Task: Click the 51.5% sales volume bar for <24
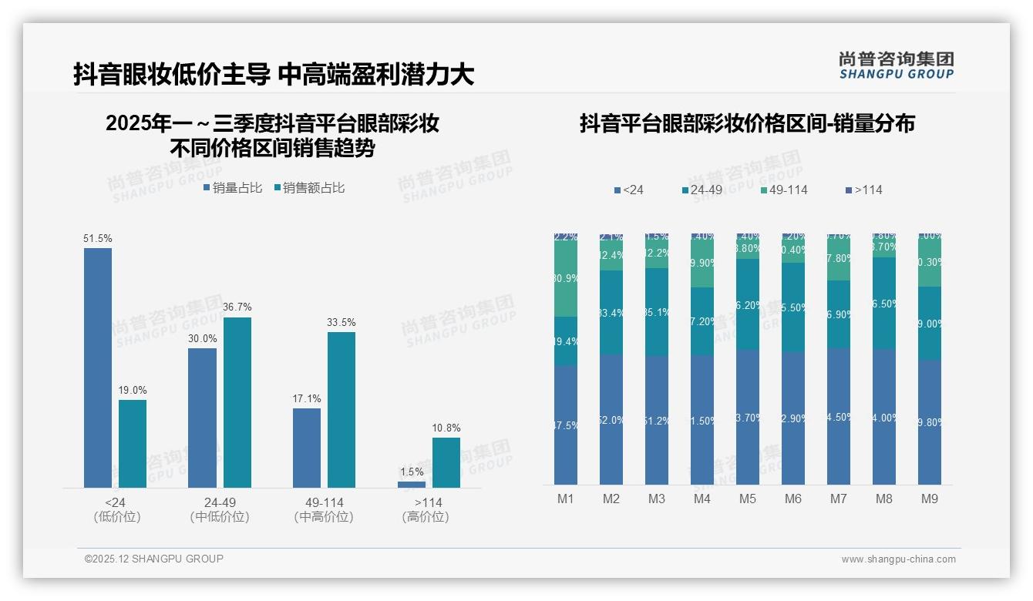[x=98, y=368]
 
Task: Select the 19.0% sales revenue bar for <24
[x=133, y=443]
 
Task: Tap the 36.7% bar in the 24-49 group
[x=237, y=402]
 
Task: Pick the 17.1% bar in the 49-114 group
[x=307, y=448]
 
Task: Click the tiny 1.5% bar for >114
[x=412, y=484]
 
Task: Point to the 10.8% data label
[x=446, y=428]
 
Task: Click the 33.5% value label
[x=342, y=322]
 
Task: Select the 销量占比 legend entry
[x=233, y=188]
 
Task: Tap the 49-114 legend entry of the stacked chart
[x=785, y=190]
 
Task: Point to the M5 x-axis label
[x=748, y=499]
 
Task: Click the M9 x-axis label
[x=930, y=499]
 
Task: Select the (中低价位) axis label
[x=220, y=517]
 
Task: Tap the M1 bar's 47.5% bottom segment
[x=566, y=425]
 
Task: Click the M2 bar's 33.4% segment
[x=611, y=312]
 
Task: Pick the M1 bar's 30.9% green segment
[x=566, y=278]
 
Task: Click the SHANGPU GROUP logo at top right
[x=896, y=65]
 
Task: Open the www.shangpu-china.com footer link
[x=898, y=559]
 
